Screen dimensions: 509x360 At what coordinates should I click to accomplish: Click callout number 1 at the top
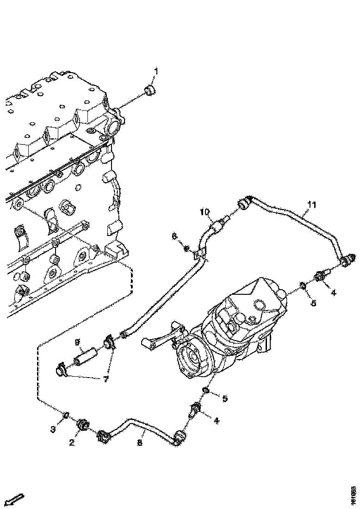156,71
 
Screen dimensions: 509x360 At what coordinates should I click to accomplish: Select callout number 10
205,212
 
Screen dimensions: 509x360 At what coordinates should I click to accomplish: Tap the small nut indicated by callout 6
186,250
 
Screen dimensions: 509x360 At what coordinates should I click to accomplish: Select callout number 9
78,343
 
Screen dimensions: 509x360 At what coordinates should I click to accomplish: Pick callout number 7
106,379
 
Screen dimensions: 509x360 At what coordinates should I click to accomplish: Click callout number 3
54,429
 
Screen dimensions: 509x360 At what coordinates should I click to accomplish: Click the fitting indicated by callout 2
84,424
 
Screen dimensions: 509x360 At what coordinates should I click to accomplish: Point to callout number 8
140,443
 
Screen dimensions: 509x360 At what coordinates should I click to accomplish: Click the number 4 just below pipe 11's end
333,292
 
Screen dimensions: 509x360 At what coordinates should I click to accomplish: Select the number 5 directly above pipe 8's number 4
225,398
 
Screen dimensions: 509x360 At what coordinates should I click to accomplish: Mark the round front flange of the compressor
190,360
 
